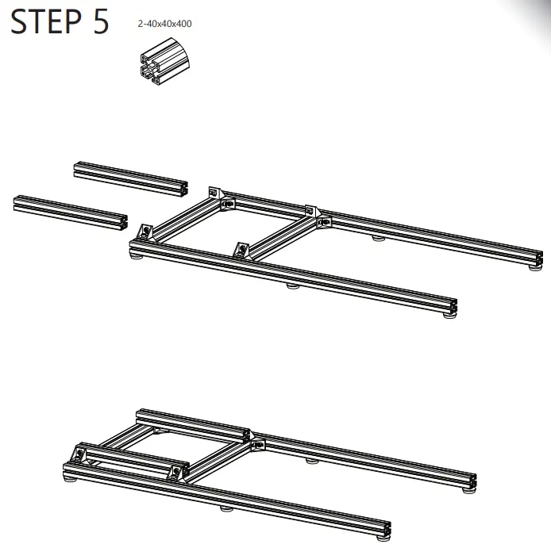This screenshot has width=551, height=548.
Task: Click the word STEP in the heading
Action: click(46, 21)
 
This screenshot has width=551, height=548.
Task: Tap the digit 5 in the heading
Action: click(101, 21)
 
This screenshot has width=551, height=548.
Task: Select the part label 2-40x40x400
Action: click(165, 24)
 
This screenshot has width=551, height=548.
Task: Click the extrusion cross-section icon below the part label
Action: click(164, 62)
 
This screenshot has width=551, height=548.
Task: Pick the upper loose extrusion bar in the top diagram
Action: click(131, 179)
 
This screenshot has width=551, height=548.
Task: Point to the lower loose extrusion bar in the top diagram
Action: click(71, 213)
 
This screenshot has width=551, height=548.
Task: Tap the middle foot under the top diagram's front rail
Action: click(293, 285)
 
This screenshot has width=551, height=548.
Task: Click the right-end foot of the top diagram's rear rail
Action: click(535, 267)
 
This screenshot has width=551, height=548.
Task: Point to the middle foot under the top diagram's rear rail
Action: click(379, 239)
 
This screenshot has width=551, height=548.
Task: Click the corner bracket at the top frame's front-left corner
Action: click(145, 232)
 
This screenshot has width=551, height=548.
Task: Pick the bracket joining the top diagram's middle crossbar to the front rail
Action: click(242, 250)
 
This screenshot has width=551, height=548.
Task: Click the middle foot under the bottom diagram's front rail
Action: click(226, 508)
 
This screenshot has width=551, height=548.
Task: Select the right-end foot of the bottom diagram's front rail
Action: click(383, 537)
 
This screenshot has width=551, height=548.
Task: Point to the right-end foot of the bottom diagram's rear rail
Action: click(468, 490)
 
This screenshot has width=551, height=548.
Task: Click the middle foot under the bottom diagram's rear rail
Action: click(312, 461)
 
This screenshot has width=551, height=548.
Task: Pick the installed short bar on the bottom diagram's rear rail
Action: click(193, 426)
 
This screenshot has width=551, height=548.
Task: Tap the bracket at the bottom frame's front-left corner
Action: click(79, 454)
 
